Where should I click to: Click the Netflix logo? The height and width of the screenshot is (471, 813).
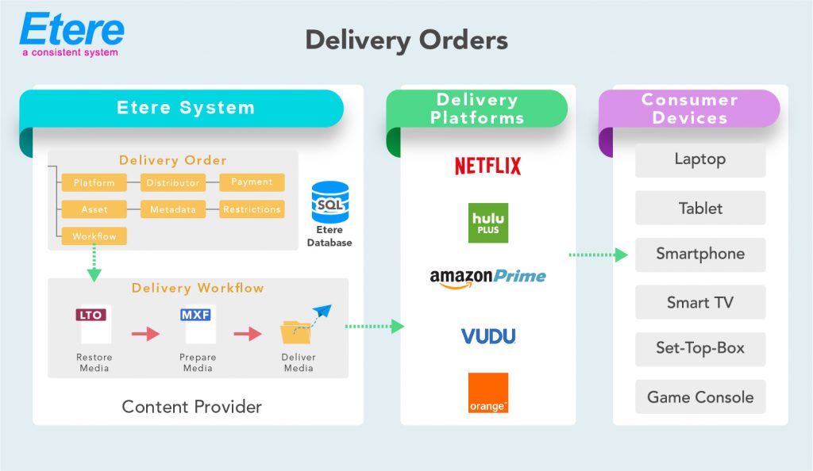pos(487,166)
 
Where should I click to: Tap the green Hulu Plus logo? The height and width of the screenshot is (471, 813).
pos(488,223)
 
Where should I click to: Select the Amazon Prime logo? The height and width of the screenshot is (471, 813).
pos(487,278)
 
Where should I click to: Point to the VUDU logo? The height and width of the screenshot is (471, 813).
pos(488,335)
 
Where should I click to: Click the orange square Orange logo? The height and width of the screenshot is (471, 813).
pos(488,393)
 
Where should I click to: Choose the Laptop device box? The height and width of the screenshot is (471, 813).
pos(699,159)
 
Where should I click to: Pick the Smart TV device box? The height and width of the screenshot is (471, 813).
pos(699,302)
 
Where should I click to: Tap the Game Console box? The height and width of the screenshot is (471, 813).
pos(699,397)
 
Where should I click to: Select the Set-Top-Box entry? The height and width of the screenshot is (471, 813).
pos(699,349)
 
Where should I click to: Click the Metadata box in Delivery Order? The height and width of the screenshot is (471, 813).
pos(173,209)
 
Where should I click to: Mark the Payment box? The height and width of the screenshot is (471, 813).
pos(252,182)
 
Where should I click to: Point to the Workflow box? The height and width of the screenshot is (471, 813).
pos(94,236)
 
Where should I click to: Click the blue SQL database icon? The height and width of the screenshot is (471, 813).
pos(330,202)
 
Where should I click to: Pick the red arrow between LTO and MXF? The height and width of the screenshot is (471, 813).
pos(145,334)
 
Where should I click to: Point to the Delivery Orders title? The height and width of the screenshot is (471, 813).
pos(406,40)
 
